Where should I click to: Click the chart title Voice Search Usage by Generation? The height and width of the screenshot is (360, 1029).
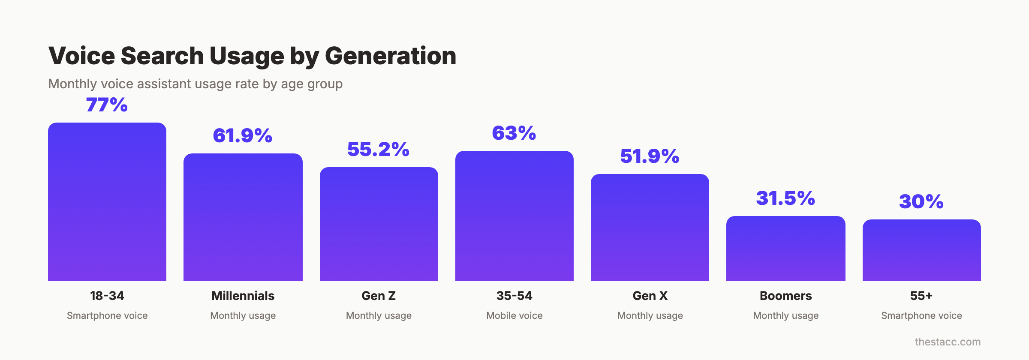[x=252, y=56]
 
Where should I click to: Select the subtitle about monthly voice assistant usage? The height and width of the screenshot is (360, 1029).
[x=195, y=84]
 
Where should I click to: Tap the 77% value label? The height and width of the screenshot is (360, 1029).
[x=107, y=105]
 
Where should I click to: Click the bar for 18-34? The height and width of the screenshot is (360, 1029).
[x=107, y=202]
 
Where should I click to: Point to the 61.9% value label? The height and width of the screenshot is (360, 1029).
[x=243, y=136]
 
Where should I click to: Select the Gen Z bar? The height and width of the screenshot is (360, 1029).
[x=379, y=224]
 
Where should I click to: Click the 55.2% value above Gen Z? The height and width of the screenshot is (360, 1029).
[x=378, y=150]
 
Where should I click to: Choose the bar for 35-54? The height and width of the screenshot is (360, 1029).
[x=514, y=216]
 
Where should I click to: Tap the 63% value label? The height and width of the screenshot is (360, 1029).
[x=514, y=133]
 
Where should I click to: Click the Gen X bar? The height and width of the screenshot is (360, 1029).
[x=650, y=228]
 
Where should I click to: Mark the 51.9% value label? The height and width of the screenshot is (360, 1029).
[x=650, y=156]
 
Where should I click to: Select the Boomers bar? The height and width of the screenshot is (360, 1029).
[x=785, y=249]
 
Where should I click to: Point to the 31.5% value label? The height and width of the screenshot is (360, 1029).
[x=785, y=198]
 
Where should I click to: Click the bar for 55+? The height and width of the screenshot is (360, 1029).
[x=921, y=250]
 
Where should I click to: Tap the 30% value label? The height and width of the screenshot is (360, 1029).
[x=921, y=202]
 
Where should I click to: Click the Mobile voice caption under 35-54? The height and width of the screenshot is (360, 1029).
[x=514, y=316]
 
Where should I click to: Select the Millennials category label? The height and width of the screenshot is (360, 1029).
[x=243, y=296]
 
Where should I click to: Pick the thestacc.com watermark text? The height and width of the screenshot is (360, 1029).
[x=948, y=342]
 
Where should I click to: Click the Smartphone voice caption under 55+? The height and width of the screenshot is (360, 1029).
[x=921, y=316]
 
